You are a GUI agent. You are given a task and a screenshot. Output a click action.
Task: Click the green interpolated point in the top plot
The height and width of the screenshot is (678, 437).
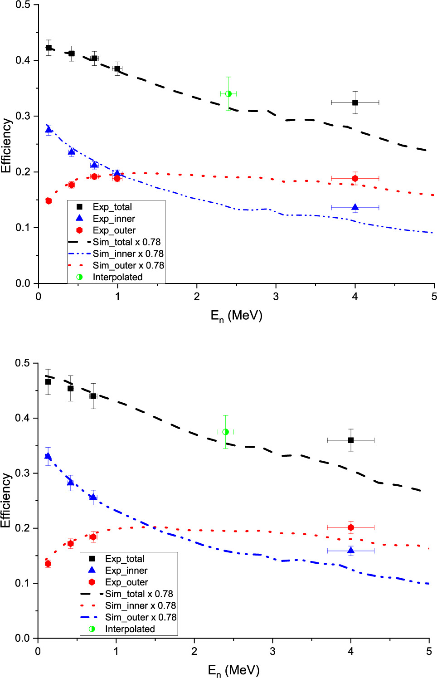[228, 94]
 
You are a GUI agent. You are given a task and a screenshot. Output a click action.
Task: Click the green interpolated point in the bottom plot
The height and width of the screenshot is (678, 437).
[225, 432]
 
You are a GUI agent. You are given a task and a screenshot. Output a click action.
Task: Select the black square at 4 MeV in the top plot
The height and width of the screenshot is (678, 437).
[355, 102]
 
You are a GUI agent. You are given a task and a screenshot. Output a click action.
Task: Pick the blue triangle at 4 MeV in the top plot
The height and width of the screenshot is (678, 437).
[355, 207]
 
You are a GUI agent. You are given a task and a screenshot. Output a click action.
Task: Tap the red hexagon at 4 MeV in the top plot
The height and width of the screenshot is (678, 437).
[355, 178]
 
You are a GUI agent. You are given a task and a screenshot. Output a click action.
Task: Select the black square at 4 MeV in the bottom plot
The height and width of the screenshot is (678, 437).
[350, 440]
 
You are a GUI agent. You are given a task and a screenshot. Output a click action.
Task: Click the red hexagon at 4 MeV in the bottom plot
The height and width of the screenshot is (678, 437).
[350, 527]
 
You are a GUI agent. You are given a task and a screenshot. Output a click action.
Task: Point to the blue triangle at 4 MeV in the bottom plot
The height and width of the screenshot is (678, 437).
[350, 551]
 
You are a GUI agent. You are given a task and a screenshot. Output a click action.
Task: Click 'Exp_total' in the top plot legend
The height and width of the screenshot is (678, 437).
[112, 207]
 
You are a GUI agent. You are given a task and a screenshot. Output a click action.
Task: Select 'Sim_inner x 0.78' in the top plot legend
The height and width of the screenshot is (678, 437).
[128, 254]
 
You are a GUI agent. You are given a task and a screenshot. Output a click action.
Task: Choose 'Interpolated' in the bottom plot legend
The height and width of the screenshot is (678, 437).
[130, 629]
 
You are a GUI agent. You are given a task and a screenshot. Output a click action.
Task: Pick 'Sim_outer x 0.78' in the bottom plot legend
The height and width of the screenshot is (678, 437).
[141, 617]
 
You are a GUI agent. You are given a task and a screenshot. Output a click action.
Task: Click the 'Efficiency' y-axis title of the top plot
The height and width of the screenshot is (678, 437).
[6, 146]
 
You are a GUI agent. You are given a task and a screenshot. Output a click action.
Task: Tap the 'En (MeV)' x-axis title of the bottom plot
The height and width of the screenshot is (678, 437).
[233, 670]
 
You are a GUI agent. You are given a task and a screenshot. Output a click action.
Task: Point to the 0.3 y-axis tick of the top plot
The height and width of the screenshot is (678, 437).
[23, 116]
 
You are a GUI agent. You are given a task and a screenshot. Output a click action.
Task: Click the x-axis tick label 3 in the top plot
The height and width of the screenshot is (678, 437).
[276, 297]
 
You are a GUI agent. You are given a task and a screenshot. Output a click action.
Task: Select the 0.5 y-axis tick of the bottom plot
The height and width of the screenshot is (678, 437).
[23, 363]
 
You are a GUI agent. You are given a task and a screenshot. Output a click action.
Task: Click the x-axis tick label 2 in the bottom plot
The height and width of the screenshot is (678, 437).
[194, 651]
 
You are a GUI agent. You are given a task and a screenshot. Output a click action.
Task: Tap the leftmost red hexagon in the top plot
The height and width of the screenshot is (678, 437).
[49, 201]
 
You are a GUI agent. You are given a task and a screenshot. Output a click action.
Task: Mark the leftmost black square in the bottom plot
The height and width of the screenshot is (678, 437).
[48, 382]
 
